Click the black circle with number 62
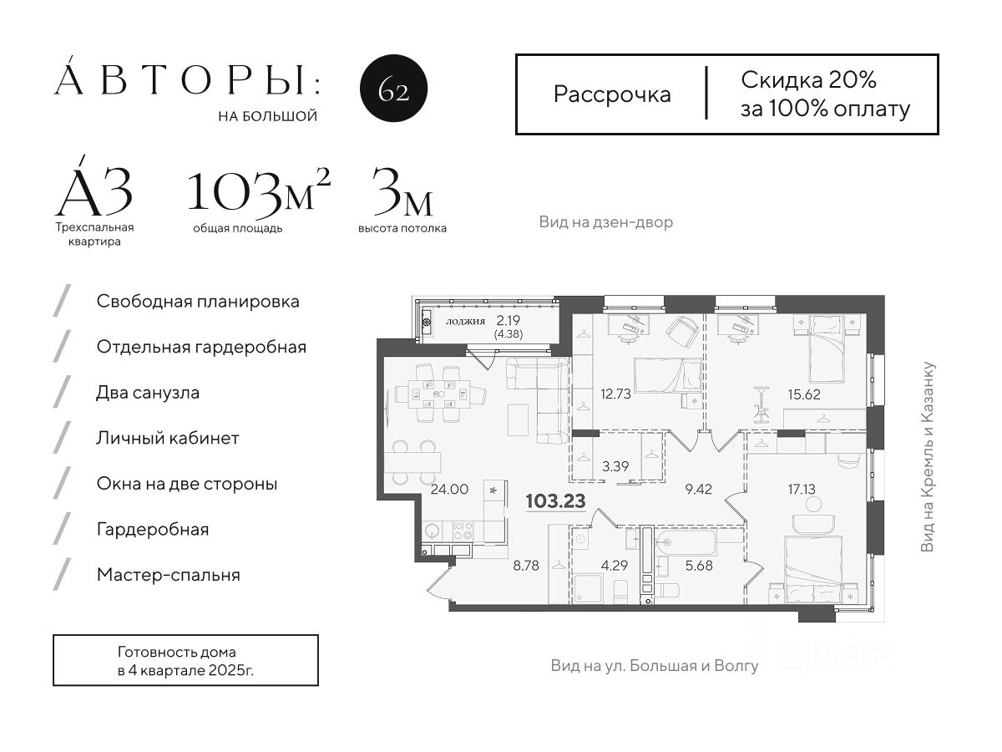coord(393,88)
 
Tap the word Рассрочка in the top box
coord(612,95)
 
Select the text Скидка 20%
coord(808,80)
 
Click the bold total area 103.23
coord(555,500)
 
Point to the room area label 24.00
coord(449,489)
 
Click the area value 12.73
coord(615,394)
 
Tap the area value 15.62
coord(804,394)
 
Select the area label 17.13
coord(801,489)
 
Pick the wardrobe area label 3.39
coord(615,466)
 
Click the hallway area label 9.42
coord(698,489)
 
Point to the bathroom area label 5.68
coord(698,566)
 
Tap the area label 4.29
coord(615,566)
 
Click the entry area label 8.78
coord(526,566)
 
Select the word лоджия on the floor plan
coord(465,321)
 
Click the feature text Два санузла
coord(148,393)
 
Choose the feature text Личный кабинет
coord(168,439)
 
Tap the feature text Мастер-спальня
coord(169,575)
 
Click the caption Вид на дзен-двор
coord(605,222)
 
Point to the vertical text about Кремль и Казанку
coord(927,456)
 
